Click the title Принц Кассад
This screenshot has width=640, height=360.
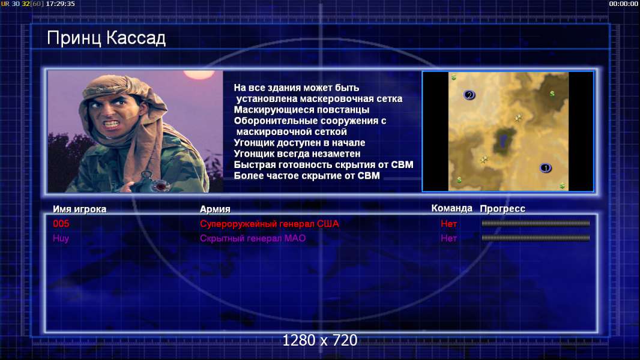point(106,38)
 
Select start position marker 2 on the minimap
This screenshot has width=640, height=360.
point(469,95)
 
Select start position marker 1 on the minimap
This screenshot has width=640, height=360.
point(546,168)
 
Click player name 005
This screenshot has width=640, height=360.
point(61,224)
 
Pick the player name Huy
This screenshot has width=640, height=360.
point(61,239)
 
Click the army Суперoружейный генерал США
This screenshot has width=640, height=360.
point(270,224)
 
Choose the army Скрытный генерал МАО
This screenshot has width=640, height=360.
point(253,239)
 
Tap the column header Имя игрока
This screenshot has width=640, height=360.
point(80,209)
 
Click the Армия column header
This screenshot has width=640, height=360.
point(215,209)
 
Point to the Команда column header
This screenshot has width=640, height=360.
point(452,208)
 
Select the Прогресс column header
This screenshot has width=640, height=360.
point(503,209)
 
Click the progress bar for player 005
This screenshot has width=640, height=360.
point(536,223)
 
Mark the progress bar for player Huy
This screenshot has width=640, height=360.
point(536,238)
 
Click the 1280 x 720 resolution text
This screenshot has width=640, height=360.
point(320,340)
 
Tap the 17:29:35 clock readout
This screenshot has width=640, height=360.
point(61,4)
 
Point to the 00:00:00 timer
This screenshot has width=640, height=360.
point(624,4)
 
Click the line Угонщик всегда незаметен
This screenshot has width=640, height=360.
point(297,154)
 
